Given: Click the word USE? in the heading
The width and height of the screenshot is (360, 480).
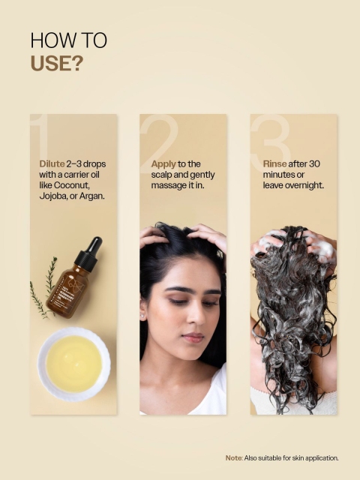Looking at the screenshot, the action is pos(57,63).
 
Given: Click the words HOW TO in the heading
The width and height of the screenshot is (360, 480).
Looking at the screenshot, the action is pos(69,40).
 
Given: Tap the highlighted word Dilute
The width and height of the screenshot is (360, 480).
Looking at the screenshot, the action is pos(52,163).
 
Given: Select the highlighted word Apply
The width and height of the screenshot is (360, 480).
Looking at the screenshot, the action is pos(163,164).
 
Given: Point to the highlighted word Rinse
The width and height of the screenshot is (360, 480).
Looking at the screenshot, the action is pos(275,163).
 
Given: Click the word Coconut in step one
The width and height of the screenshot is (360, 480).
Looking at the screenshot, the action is pos(71,185).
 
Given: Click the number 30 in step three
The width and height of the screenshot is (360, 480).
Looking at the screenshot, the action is pos(313,163).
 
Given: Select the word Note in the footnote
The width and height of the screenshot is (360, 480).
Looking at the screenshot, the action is pos(233,458).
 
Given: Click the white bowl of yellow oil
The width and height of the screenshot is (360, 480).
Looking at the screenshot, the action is pos(73,364).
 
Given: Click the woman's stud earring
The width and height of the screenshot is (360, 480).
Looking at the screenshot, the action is pos(142,314).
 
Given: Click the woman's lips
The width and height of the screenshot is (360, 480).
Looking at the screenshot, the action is pos(193,337).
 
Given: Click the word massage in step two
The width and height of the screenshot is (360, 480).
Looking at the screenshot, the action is pos(168,186).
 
